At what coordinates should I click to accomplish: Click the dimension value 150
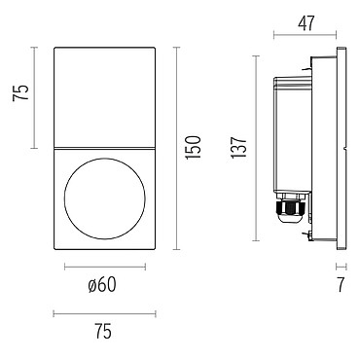point(194,148)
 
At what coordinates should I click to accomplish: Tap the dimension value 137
point(239,148)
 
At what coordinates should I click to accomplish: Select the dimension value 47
point(306,23)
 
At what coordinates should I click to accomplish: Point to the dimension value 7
point(341,284)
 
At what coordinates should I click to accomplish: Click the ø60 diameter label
point(102,285)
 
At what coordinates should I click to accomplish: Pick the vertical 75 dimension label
point(20,92)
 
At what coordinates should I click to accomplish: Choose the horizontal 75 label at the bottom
point(103,332)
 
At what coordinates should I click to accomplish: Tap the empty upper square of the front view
point(104,97)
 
